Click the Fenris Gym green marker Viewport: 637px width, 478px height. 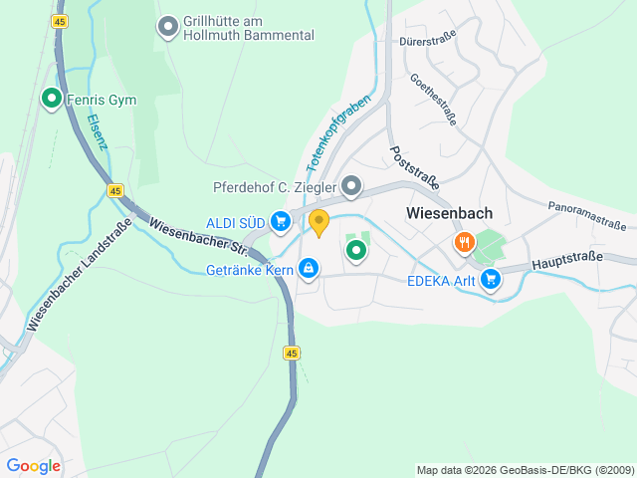[x=51, y=99]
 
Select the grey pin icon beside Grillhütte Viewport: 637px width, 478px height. [x=168, y=25]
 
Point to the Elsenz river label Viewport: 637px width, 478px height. [x=97, y=130]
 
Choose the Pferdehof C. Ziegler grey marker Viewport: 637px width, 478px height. [x=351, y=186]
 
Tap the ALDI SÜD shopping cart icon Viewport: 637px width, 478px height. [x=281, y=221]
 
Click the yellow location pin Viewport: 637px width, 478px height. [x=318, y=222]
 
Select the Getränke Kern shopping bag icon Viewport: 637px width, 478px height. [x=310, y=268]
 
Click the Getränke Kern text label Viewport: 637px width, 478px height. [x=249, y=269]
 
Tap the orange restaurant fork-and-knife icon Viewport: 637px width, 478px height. [x=464, y=242]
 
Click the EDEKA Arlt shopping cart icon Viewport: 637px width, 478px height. [x=490, y=281]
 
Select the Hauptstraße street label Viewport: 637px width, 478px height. [x=567, y=261]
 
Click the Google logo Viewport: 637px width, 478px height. [x=33, y=465]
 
